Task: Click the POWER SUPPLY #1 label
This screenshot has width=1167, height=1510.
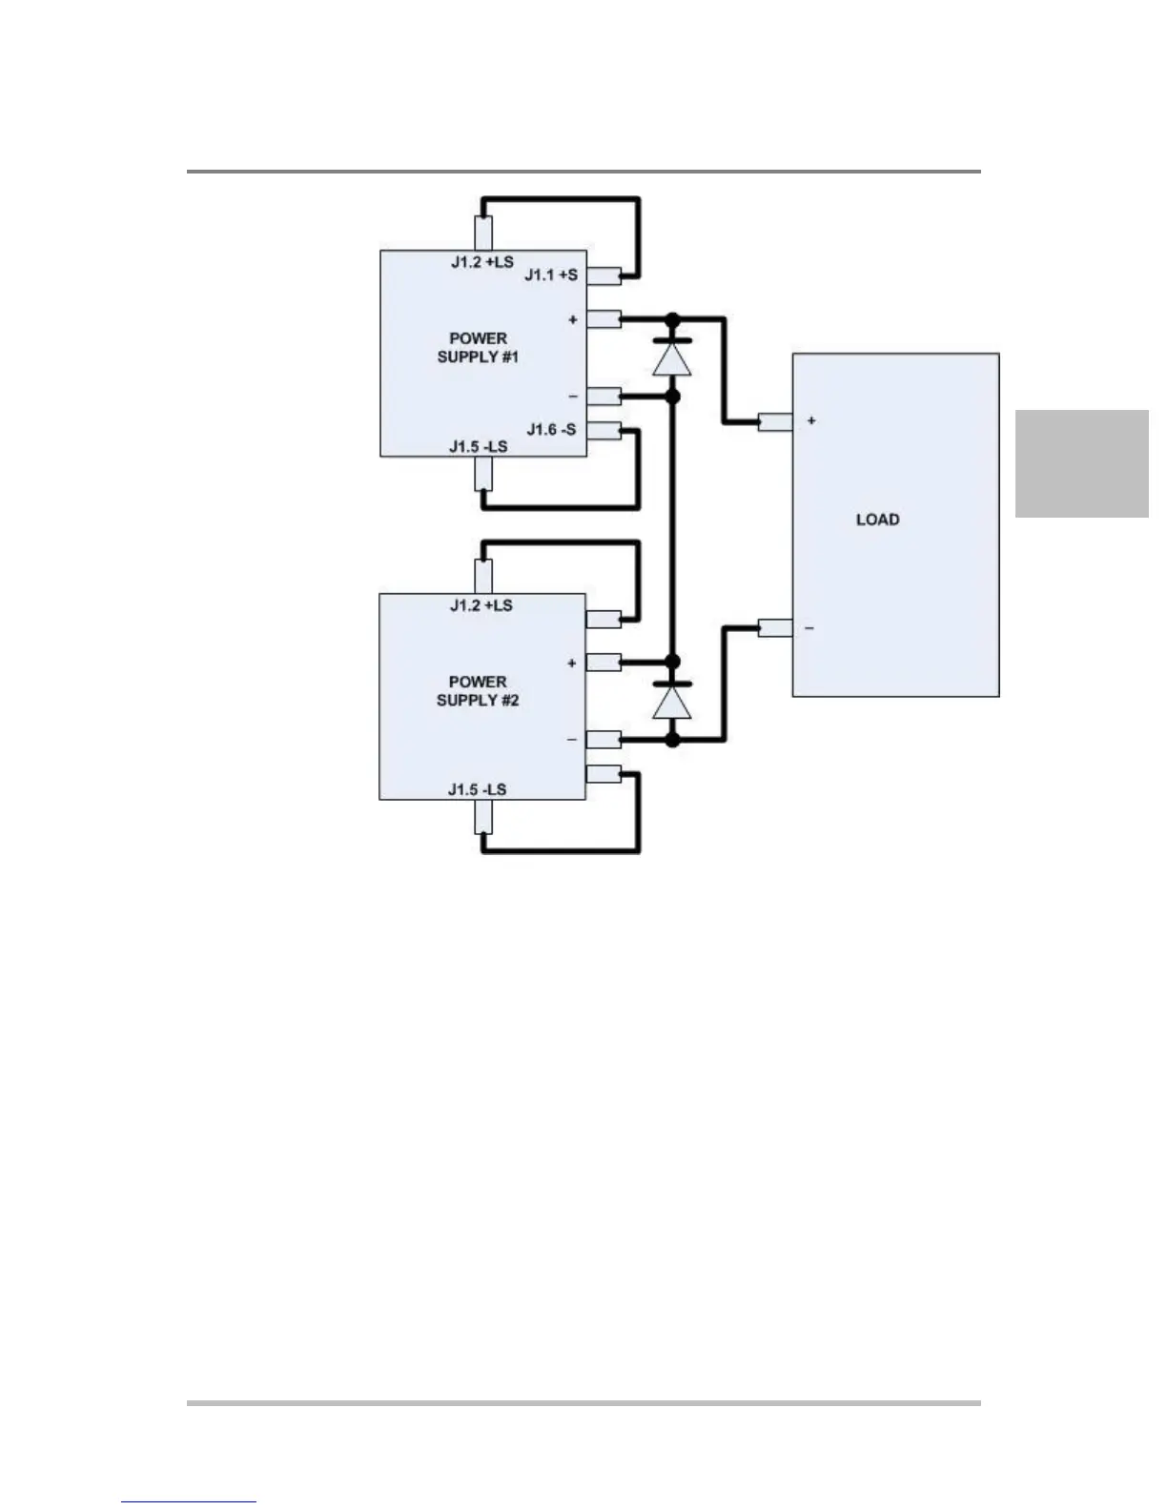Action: [x=478, y=348]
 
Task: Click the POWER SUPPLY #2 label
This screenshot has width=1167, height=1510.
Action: [x=478, y=691]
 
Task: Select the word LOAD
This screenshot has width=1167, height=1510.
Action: [x=877, y=520]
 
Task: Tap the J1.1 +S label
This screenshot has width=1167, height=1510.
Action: [x=551, y=275]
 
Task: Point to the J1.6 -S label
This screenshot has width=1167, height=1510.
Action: [x=551, y=430]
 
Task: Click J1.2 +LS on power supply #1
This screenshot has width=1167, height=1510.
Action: [x=481, y=261]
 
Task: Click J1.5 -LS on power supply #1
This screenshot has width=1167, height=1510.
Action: [x=478, y=446]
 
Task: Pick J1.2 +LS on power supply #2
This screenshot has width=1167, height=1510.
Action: [x=481, y=605]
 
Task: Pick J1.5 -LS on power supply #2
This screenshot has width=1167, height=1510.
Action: [x=477, y=789]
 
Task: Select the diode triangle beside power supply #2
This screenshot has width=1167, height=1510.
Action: [x=672, y=703]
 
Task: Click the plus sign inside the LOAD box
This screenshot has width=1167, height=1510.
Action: [x=811, y=420]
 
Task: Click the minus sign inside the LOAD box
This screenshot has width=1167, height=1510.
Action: [x=809, y=628]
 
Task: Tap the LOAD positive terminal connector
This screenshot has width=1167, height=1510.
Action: [x=775, y=420]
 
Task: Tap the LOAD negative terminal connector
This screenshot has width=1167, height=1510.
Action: [x=775, y=627]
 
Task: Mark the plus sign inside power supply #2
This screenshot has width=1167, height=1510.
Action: [x=572, y=663]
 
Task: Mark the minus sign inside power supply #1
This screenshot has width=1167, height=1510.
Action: [x=572, y=396]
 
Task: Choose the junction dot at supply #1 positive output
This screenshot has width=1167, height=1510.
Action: [x=672, y=318]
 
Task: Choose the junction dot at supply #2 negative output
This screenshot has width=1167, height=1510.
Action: [x=672, y=739]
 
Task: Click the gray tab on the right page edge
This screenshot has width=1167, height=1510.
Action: [x=1081, y=463]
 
